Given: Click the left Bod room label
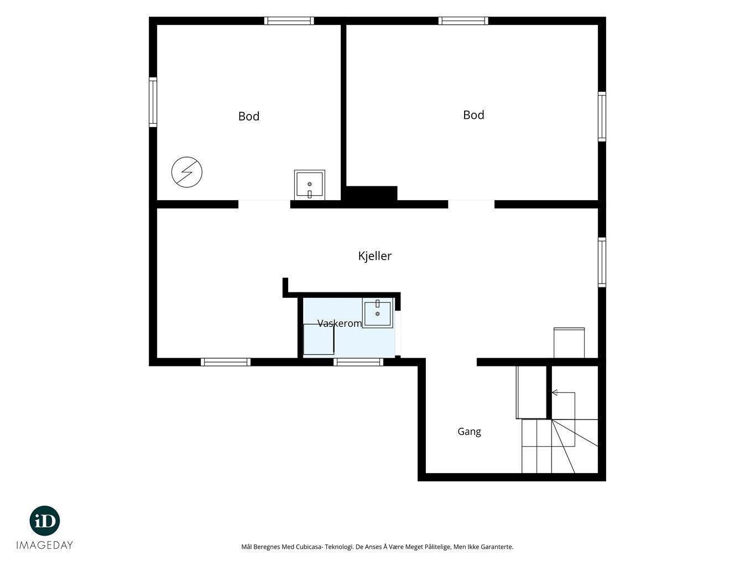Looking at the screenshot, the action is click(248, 116).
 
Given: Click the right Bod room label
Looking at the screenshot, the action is click(473, 115).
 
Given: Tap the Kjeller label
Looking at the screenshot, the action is click(374, 256).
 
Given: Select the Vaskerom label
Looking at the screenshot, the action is click(339, 323).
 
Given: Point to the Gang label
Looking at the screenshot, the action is click(469, 432).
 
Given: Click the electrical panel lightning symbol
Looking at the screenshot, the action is click(187, 172).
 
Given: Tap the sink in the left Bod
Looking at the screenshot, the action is click(309, 185).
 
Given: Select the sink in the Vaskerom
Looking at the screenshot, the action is click(377, 313).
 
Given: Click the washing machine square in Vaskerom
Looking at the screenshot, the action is click(319, 339).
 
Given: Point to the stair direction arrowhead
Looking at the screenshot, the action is click(554, 392).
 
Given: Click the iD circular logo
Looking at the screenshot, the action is click(45, 521).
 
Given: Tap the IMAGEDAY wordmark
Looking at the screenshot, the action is click(45, 545).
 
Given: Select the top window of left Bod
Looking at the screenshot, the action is click(289, 20).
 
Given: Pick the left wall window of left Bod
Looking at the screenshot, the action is click(153, 102).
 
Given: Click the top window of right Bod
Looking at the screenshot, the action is click(463, 20).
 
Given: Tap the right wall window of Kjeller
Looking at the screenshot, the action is click(602, 262).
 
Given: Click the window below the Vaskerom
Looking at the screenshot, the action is click(358, 362).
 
